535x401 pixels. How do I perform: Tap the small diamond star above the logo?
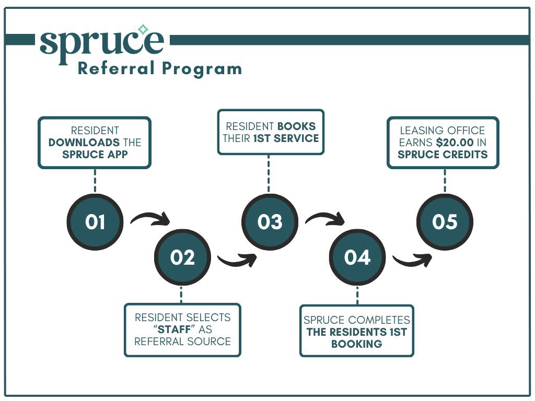point(143,29)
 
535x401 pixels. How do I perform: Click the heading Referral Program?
point(159,68)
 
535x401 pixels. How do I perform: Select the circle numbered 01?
point(95,222)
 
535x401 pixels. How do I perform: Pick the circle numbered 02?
point(182,257)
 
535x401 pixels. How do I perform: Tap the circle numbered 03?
point(270,222)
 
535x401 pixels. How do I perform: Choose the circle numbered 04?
point(357,257)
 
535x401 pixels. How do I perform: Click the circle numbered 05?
point(445,222)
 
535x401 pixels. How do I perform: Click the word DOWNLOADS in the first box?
point(85,143)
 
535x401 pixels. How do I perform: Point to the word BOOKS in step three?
point(297,126)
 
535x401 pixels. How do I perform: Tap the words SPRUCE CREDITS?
point(443,155)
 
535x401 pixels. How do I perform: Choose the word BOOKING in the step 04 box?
point(357,344)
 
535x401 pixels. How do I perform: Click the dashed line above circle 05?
point(445,180)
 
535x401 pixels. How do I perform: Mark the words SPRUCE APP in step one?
point(95,155)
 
